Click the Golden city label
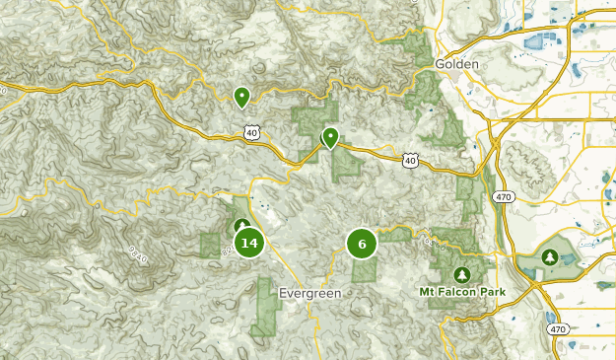[455, 64]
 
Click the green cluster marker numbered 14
[248, 243]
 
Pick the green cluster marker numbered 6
[362, 244]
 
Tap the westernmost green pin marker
[240, 96]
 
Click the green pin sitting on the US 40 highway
[331, 137]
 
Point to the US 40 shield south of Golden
[410, 159]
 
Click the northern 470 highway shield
[504, 196]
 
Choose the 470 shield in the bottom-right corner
[558, 328]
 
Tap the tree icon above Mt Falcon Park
[460, 273]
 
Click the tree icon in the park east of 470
[550, 256]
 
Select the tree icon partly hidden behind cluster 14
[241, 226]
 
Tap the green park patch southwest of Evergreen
[264, 305]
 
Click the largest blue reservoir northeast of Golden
[541, 41]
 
